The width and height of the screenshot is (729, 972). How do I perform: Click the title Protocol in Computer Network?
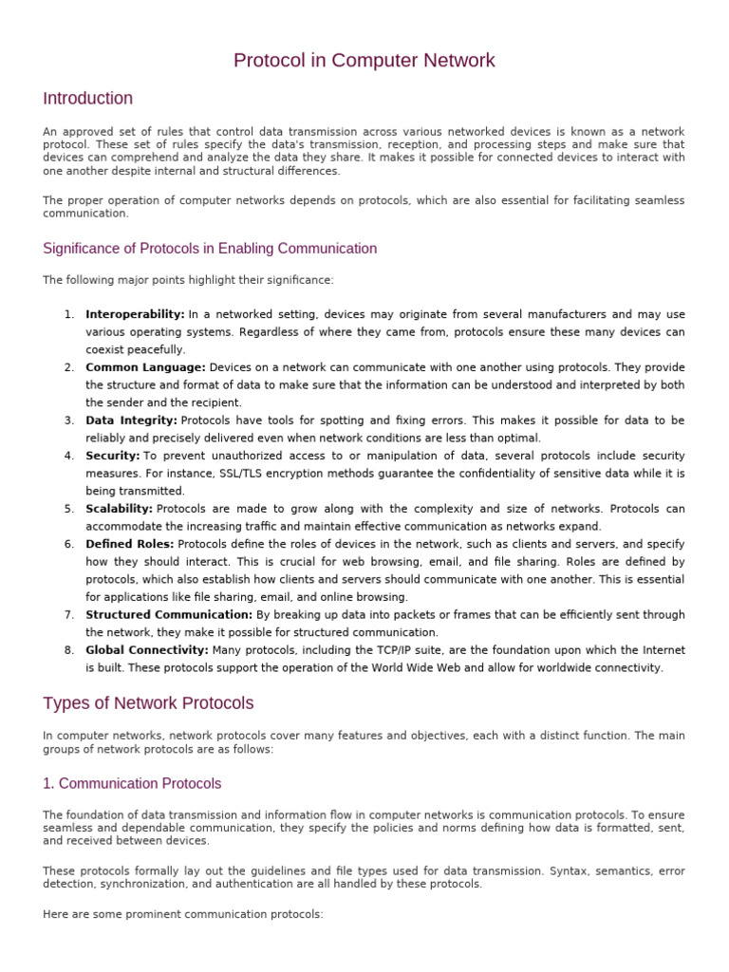tap(364, 61)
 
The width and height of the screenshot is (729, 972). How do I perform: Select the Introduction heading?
tap(88, 99)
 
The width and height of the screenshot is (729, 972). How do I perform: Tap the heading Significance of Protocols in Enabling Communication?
tap(210, 249)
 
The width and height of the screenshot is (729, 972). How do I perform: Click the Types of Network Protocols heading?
tap(148, 703)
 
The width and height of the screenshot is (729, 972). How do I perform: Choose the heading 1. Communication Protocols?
tap(132, 784)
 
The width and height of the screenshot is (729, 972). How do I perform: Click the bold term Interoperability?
tap(135, 314)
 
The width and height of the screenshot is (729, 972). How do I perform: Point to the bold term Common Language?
tap(145, 367)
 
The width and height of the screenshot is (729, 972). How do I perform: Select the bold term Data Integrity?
tap(131, 421)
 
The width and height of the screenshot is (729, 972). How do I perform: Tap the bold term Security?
tap(112, 456)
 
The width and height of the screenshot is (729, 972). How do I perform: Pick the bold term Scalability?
tap(120, 509)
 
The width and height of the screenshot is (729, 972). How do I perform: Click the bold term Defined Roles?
tap(129, 544)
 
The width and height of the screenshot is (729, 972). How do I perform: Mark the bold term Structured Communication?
tap(169, 615)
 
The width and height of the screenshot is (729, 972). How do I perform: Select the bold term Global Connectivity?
tap(147, 650)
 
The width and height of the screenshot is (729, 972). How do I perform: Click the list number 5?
tap(69, 509)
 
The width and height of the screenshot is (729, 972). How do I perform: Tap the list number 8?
tap(69, 650)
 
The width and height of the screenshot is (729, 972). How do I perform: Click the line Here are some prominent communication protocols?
tap(183, 915)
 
